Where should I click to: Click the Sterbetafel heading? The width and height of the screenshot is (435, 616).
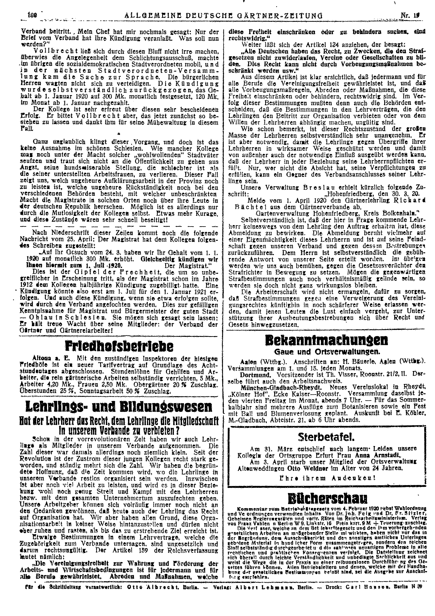tap(326, 438)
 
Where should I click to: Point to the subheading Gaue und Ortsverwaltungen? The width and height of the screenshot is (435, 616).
tap(326, 352)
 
